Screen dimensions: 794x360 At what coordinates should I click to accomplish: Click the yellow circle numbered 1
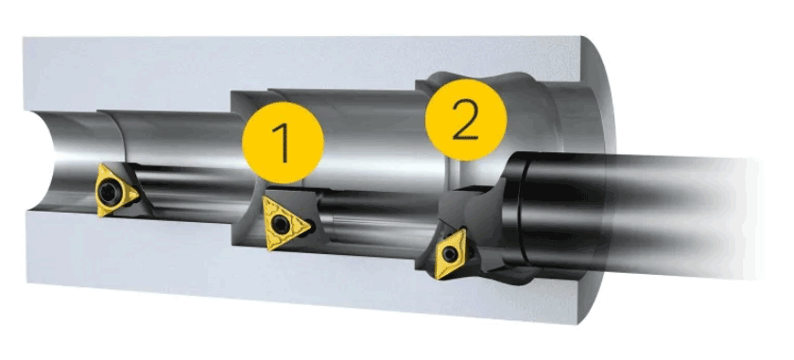pyautogui.click(x=283, y=143)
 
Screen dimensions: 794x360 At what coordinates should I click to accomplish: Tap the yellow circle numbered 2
pyautogui.click(x=466, y=120)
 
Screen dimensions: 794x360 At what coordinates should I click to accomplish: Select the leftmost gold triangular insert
pyautogui.click(x=115, y=190)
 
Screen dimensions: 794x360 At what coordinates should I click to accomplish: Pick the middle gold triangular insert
pyautogui.click(x=284, y=224)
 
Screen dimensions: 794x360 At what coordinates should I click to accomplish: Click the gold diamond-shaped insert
pyautogui.click(x=450, y=253)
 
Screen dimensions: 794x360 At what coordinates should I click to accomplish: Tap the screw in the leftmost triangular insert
pyautogui.click(x=108, y=191)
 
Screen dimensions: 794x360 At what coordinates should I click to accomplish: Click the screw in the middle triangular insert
pyautogui.click(x=280, y=224)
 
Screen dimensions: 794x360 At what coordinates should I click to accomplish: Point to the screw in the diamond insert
pyautogui.click(x=449, y=253)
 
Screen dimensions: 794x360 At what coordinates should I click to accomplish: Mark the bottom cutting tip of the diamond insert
pyautogui.click(x=437, y=278)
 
